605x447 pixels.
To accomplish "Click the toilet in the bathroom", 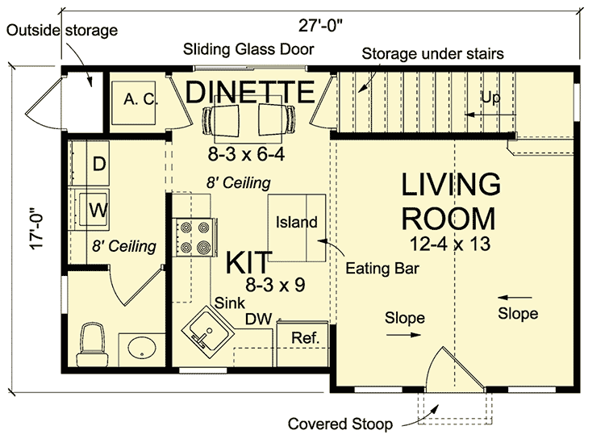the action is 92,345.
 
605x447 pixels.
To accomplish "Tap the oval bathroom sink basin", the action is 142,349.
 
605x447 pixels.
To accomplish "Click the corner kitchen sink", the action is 207,332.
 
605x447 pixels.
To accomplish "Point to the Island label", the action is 297,222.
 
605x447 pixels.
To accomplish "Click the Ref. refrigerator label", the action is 306,338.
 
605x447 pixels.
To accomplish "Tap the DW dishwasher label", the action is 258,319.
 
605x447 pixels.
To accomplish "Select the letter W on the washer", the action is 98,211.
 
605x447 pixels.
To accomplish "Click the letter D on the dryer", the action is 99,164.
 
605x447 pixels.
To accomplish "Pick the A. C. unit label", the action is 141,99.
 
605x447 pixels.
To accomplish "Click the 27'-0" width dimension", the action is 320,26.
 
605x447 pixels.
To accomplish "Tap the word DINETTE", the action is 250,91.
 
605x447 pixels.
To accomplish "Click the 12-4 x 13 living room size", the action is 450,244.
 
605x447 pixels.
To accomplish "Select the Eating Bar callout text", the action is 382,268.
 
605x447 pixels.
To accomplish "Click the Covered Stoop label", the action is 340,424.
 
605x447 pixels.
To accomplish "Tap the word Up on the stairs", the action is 490,98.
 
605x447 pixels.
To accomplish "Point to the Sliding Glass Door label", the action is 248,49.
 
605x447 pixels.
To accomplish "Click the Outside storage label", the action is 62,30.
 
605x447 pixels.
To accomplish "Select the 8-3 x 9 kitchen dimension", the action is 276,285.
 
